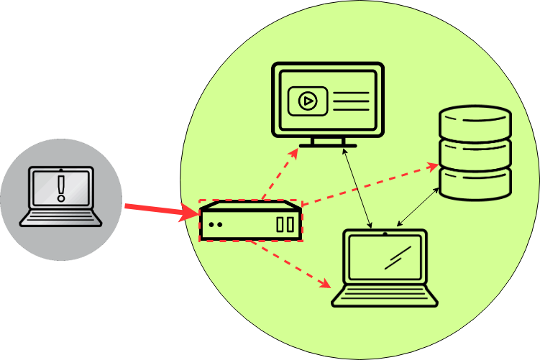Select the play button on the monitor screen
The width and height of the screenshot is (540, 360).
point(308,101)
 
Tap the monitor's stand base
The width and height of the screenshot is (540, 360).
point(328,144)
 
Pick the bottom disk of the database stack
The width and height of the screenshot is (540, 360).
point(475,183)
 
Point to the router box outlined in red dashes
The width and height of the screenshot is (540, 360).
point(251,221)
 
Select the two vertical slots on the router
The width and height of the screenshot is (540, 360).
point(285,224)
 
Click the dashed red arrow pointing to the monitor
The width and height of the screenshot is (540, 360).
point(281,173)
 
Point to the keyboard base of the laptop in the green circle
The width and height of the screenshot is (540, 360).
point(385,295)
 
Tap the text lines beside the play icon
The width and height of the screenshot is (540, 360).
point(351,101)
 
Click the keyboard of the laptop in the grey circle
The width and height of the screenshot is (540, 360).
point(61,216)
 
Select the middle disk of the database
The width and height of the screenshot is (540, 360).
point(475,152)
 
